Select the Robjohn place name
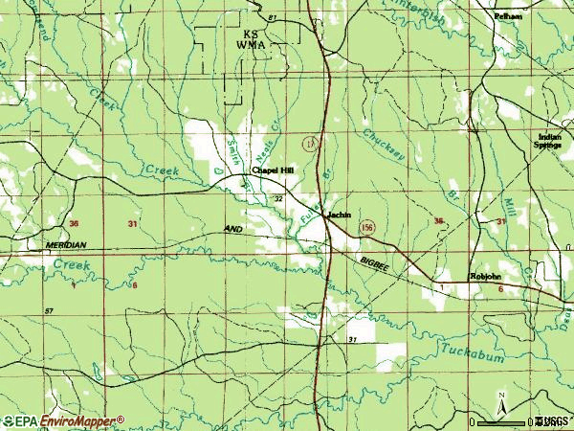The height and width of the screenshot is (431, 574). click(484, 277)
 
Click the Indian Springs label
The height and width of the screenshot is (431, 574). click(548, 141)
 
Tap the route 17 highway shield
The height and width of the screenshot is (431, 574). click(308, 143)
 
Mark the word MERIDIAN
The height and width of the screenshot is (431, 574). click(66, 245)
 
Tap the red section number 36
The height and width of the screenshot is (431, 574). click(75, 223)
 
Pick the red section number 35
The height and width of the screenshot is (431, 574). click(438, 221)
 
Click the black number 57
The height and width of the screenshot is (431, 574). click(48, 312)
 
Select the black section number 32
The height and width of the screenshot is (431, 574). click(278, 198)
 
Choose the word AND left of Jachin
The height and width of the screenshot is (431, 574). click(233, 230)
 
